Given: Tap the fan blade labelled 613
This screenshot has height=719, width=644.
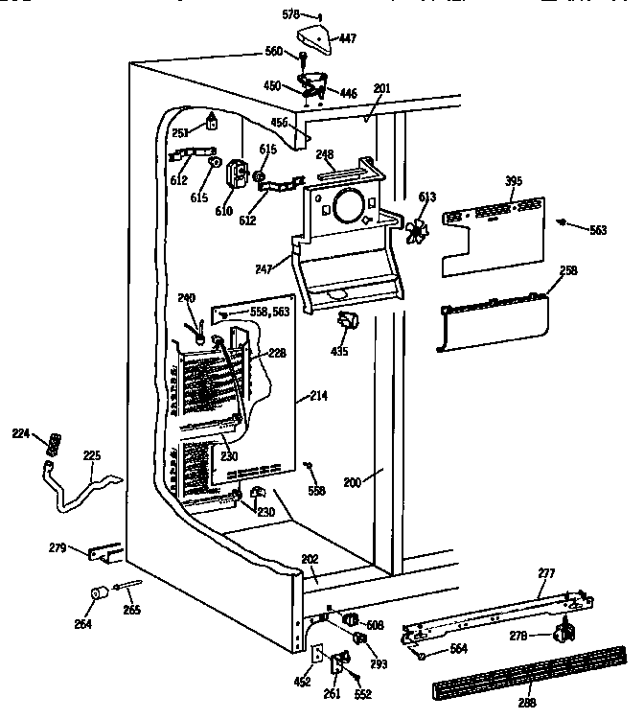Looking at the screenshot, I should click(x=416, y=230).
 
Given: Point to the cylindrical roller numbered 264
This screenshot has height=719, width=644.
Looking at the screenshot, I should click(x=97, y=596).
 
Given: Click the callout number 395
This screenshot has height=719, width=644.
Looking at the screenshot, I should click(x=515, y=181).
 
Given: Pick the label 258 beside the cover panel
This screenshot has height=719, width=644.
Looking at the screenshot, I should click(x=568, y=272).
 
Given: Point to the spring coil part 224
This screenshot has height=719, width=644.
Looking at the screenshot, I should click(x=54, y=445).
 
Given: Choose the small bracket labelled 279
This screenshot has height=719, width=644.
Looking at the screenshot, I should click(x=103, y=553).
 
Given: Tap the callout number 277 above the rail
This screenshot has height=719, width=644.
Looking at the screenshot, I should click(x=545, y=573).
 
